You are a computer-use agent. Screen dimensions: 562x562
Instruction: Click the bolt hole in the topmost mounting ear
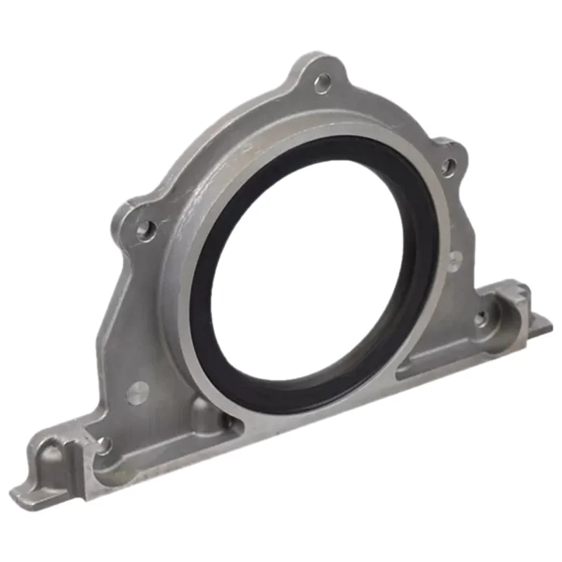(322, 84)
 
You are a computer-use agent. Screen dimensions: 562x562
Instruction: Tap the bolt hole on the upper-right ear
(448, 166)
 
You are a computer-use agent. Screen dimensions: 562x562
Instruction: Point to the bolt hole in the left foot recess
(103, 445)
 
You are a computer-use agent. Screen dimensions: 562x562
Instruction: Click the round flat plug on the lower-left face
(138, 393)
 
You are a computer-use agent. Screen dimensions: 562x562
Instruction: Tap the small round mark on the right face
(456, 257)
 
